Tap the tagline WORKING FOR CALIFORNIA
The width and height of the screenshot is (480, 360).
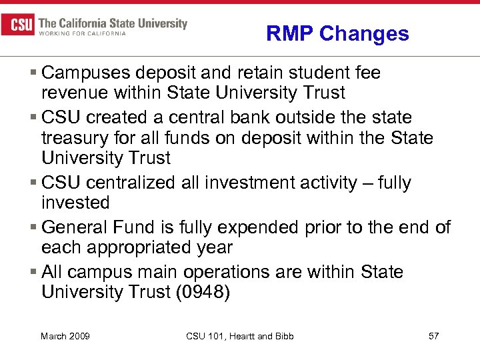point(83,34)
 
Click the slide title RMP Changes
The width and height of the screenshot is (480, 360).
point(337,33)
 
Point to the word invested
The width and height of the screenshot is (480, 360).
point(75,203)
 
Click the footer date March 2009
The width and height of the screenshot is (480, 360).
point(65,336)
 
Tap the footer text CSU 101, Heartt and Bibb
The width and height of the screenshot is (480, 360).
point(240,336)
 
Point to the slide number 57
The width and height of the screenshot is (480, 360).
point(433,336)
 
